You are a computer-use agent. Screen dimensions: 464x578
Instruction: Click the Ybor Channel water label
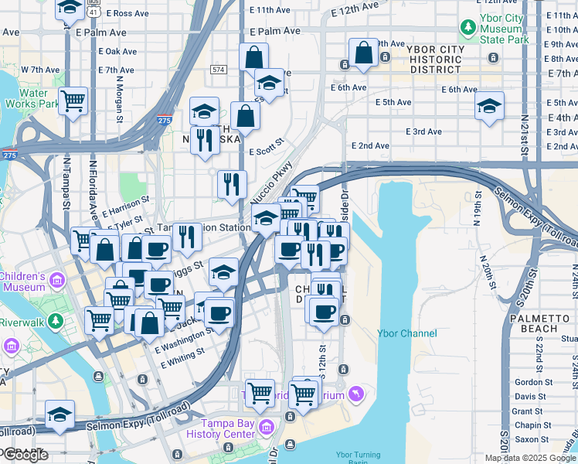pyautogui.click(x=406, y=333)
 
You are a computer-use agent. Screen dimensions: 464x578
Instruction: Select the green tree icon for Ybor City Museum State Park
pyautogui.click(x=467, y=29)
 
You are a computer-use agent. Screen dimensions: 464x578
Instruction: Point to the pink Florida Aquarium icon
pyautogui.click(x=355, y=395)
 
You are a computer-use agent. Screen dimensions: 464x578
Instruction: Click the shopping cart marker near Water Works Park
pyautogui.click(x=73, y=101)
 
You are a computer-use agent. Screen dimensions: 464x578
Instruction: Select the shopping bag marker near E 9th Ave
pyautogui.click(x=363, y=53)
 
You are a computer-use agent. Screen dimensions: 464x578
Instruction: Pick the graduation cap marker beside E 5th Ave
pyautogui.click(x=489, y=106)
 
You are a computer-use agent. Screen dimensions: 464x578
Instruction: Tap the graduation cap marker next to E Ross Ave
pyautogui.click(x=70, y=8)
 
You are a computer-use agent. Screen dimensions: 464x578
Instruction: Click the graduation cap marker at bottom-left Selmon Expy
pyautogui.click(x=59, y=414)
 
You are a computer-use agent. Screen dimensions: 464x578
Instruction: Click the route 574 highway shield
pyautogui.click(x=219, y=70)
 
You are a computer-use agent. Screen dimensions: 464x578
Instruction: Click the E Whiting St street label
pyautogui.click(x=179, y=352)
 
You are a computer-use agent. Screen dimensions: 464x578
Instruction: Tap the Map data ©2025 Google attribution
pyautogui.click(x=530, y=458)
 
